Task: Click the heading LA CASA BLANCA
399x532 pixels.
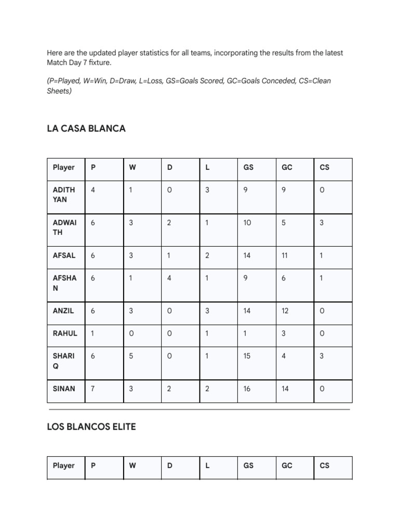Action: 86,128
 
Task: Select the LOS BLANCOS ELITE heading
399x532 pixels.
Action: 91,427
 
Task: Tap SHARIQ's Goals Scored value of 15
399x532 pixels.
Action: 247,356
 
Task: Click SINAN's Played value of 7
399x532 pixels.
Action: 93,389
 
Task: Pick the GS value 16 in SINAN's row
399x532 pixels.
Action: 247,389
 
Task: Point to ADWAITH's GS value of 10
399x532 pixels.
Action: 247,222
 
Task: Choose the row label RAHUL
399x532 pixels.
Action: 65,333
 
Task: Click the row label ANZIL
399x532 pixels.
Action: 63,311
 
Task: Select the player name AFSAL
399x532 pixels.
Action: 64,255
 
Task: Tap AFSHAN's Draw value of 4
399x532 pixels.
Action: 169,278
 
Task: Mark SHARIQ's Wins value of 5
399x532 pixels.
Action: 131,356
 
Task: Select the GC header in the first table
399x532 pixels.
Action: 287,167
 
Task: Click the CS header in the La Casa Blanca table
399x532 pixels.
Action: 325,167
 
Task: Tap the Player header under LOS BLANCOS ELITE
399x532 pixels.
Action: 63,465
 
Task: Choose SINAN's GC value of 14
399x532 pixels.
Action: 285,389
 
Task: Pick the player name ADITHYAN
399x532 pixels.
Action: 64,194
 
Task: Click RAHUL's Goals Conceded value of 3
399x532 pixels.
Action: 284,333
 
